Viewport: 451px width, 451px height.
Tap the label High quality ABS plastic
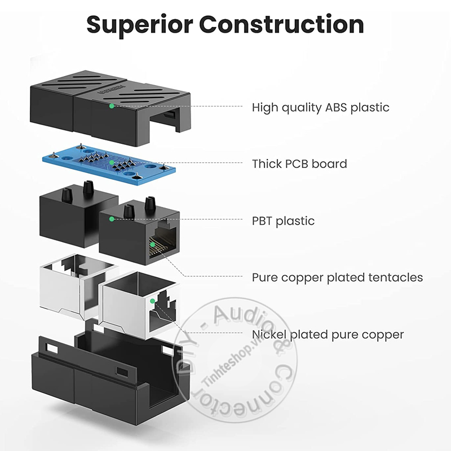click(320, 107)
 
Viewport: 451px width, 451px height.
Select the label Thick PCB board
click(299, 164)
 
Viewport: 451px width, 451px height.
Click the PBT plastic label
click(283, 221)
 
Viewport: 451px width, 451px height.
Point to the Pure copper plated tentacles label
click(337, 277)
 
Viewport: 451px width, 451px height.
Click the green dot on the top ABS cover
click(112, 105)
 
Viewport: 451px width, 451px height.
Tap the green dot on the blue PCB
click(112, 162)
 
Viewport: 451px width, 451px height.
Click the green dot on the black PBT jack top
click(112, 219)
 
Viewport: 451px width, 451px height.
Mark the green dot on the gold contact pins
click(151, 244)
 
